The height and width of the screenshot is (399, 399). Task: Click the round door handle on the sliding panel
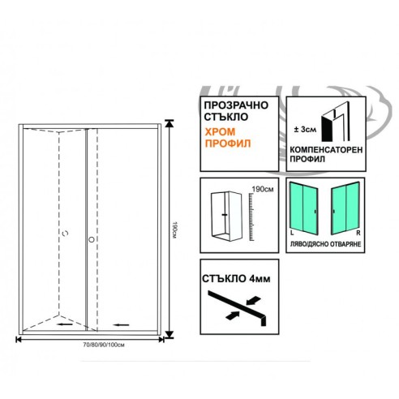coord(92,239)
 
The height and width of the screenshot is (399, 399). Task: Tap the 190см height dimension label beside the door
coord(174,230)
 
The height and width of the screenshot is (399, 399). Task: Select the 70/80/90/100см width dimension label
coord(104,345)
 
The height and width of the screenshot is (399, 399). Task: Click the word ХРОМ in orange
coord(220,132)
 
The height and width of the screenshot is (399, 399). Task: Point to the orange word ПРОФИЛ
coord(228,144)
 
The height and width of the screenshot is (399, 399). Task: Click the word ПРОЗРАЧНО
coord(236,105)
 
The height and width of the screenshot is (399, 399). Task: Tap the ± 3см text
coord(305,130)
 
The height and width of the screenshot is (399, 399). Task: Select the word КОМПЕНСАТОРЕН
coord(326,149)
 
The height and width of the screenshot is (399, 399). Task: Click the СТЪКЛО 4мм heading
coord(236,279)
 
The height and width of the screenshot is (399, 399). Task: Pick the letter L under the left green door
coord(292,233)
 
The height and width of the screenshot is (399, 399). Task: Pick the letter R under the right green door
coord(358,233)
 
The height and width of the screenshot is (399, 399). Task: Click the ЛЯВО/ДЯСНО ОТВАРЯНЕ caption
coord(325,244)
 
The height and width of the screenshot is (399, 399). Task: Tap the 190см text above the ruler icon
coord(263,189)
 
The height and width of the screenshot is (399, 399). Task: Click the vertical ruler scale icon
coord(251,217)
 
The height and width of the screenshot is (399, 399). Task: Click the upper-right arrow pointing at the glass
coord(254,300)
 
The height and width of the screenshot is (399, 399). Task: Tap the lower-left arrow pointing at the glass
coord(232,315)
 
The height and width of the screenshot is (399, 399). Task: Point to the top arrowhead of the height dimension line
coord(169,123)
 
